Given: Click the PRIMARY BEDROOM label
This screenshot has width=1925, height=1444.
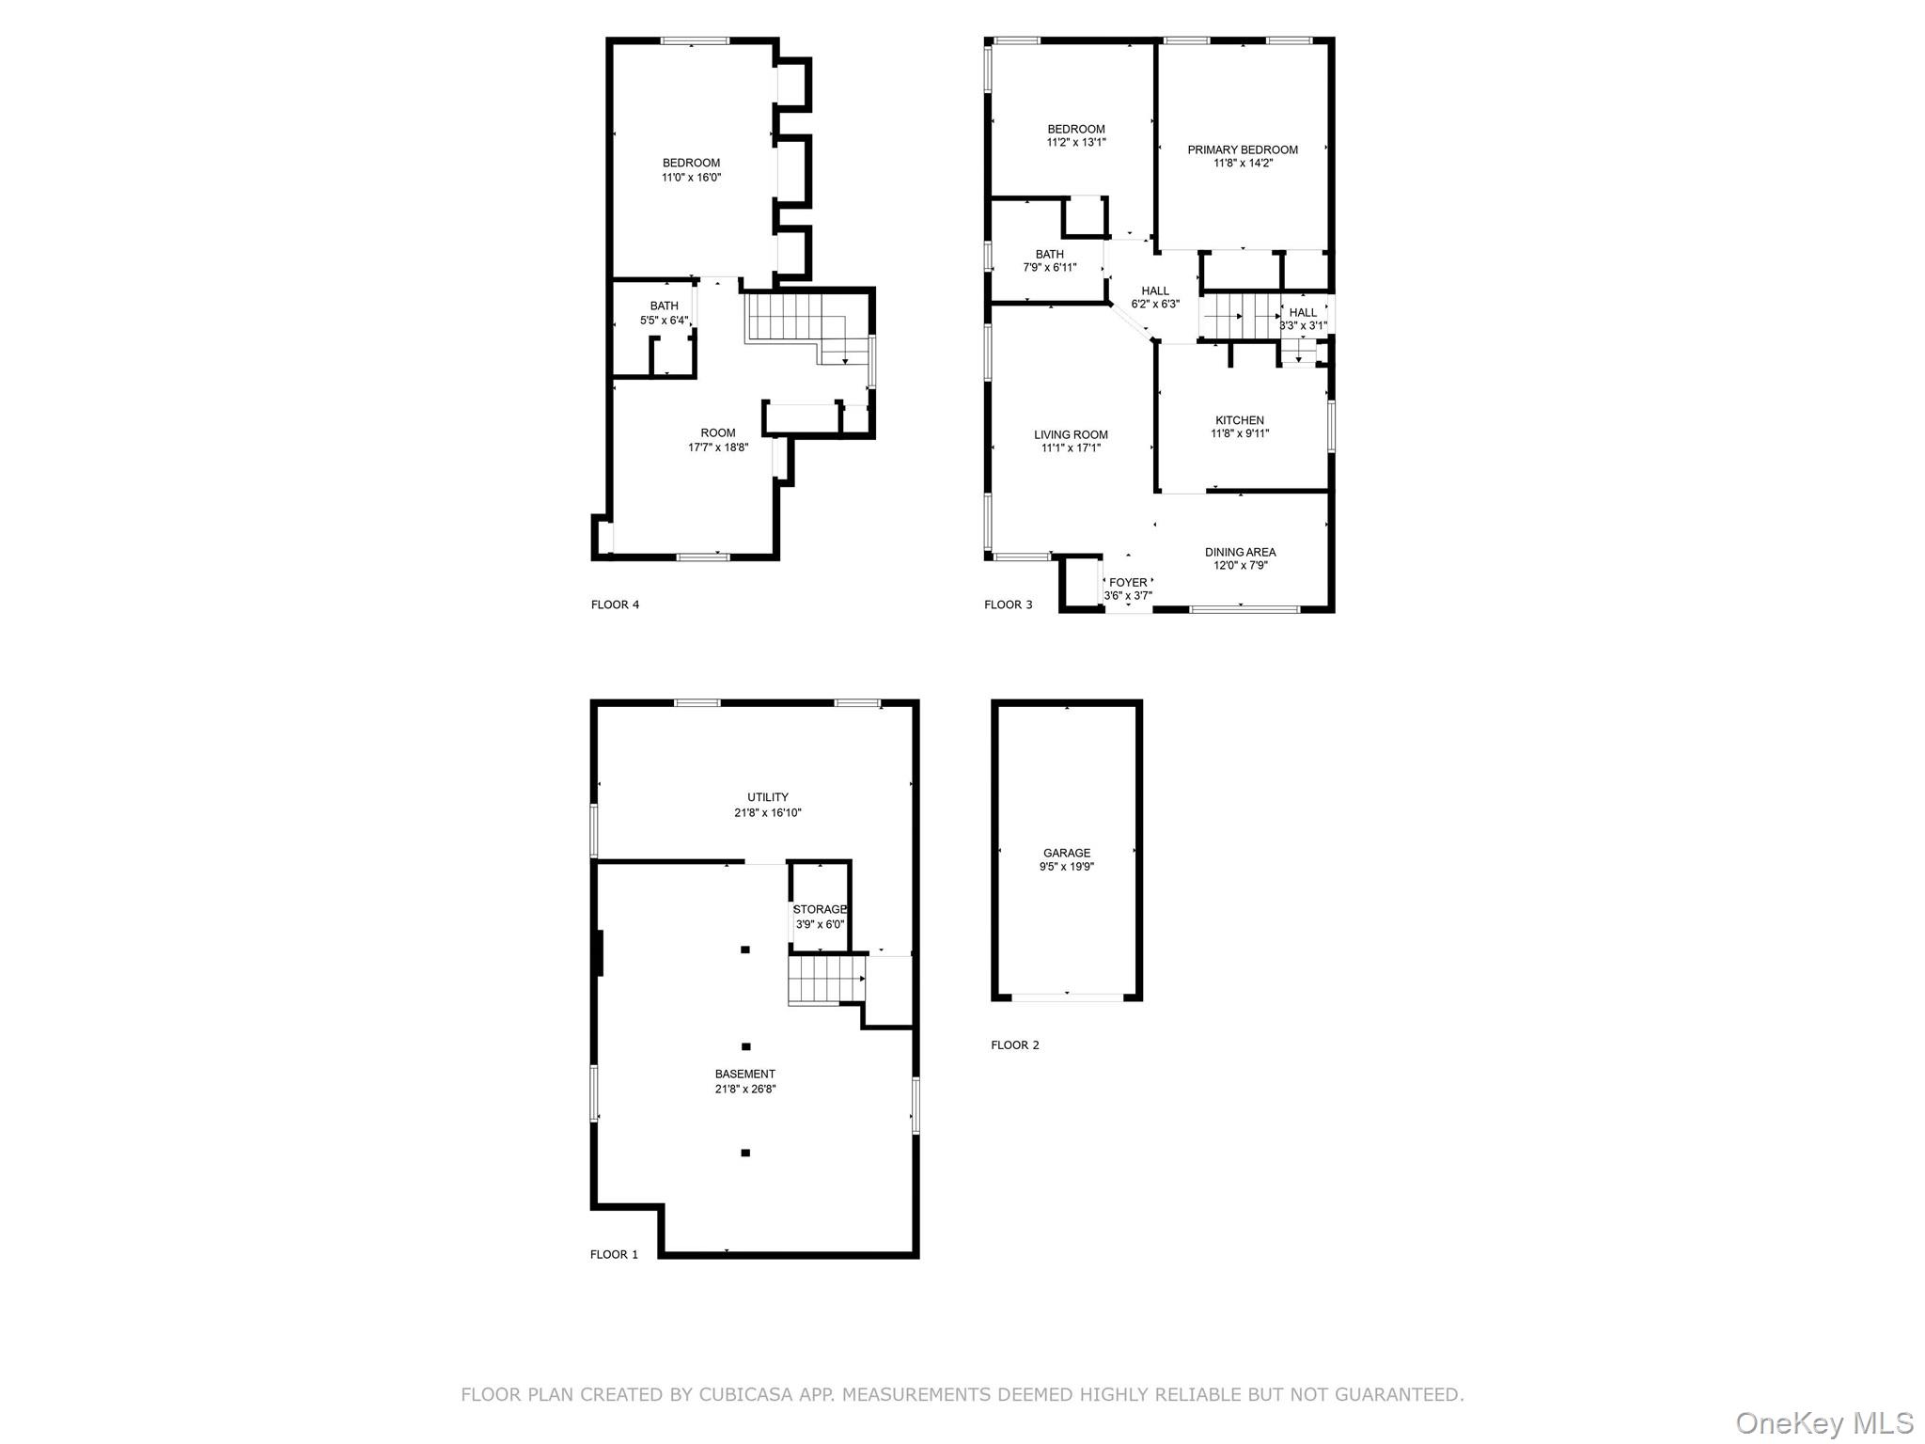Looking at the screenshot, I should coord(1242,149).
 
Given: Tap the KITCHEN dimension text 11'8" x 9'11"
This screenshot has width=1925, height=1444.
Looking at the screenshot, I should coord(1239,433).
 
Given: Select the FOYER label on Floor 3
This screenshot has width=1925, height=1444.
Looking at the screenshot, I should coord(1127,582).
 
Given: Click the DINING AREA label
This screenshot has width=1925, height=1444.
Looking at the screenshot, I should coord(1240,552).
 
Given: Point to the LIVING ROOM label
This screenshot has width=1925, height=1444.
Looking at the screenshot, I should coord(1071,434).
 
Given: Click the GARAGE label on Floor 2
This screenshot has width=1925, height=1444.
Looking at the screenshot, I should coord(1066,853).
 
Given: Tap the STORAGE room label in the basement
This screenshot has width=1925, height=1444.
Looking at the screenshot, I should coord(820,909).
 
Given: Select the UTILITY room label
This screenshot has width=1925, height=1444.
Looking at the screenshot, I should coord(767,797).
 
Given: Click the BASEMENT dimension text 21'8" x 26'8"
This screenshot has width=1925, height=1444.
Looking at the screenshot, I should coord(744,1089).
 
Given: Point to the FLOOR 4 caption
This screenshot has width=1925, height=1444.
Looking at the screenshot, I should coord(615,604).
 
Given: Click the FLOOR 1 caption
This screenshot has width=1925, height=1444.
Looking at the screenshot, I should coord(614,1254).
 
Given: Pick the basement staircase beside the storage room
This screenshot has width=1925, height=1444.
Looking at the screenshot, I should coord(825,979).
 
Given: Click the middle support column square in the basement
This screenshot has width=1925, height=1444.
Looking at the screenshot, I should coord(745,1046).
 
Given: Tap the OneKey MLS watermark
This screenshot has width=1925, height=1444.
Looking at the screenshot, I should coord(1823,1422).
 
